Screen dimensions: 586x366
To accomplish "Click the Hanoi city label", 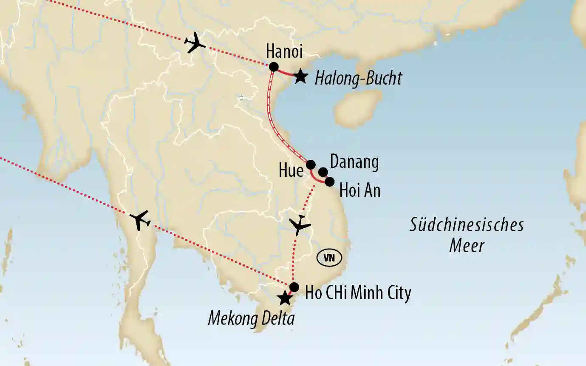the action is tap(284, 52).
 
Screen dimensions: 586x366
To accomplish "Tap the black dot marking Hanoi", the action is tap(274, 67).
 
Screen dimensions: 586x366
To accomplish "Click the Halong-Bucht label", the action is tap(358, 79).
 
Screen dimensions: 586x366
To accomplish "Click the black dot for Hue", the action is tap(311, 165).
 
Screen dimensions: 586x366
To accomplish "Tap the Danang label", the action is tap(354, 162).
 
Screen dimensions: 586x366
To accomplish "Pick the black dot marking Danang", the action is tap(323, 172).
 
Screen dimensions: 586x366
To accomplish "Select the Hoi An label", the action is tap(360, 190).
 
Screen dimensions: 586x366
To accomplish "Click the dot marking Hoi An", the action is tap(329, 182).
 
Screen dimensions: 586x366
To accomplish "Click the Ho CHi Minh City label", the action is tap(358, 293).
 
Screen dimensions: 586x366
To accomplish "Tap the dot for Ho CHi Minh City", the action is tap(294, 287).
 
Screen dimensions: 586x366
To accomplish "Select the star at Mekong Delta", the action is tap(284, 298).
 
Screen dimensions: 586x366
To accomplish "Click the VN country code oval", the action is tap(328, 258).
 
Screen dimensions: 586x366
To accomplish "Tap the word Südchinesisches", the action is tap(466, 225).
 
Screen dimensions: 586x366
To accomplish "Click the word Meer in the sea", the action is tap(467, 245).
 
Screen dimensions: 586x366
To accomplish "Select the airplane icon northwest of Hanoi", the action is tap(195, 43).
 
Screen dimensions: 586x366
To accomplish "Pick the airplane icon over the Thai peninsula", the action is tap(140, 220).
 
